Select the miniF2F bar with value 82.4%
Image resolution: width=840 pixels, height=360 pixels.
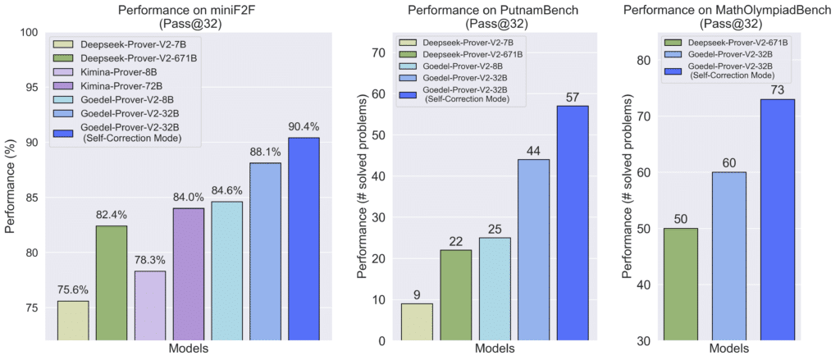(x=112, y=283)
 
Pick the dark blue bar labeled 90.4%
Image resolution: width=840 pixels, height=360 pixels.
(x=304, y=239)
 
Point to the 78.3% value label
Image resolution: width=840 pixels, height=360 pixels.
(x=150, y=258)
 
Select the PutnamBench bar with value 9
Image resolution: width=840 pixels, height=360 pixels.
(x=417, y=322)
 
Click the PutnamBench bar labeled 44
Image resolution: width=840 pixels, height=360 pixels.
(x=533, y=250)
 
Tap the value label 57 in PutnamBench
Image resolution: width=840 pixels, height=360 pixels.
(x=573, y=98)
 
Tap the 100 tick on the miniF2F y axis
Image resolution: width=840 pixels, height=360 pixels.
(x=29, y=33)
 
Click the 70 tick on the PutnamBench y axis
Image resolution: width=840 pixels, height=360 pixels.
(x=378, y=52)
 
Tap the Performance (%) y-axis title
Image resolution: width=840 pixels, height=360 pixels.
(x=11, y=186)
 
